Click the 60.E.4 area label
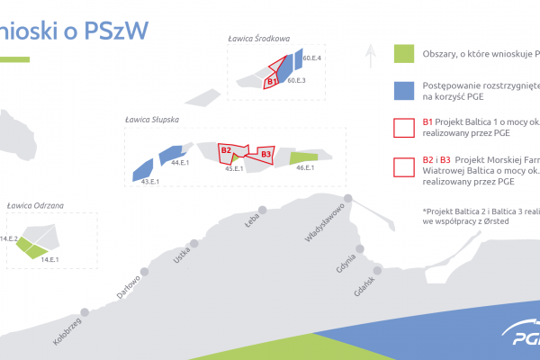[x=312, y=58]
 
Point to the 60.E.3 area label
[x=297, y=81]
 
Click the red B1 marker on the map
[x=271, y=82]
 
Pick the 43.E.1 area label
[x=149, y=182]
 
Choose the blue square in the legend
[x=404, y=89]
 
